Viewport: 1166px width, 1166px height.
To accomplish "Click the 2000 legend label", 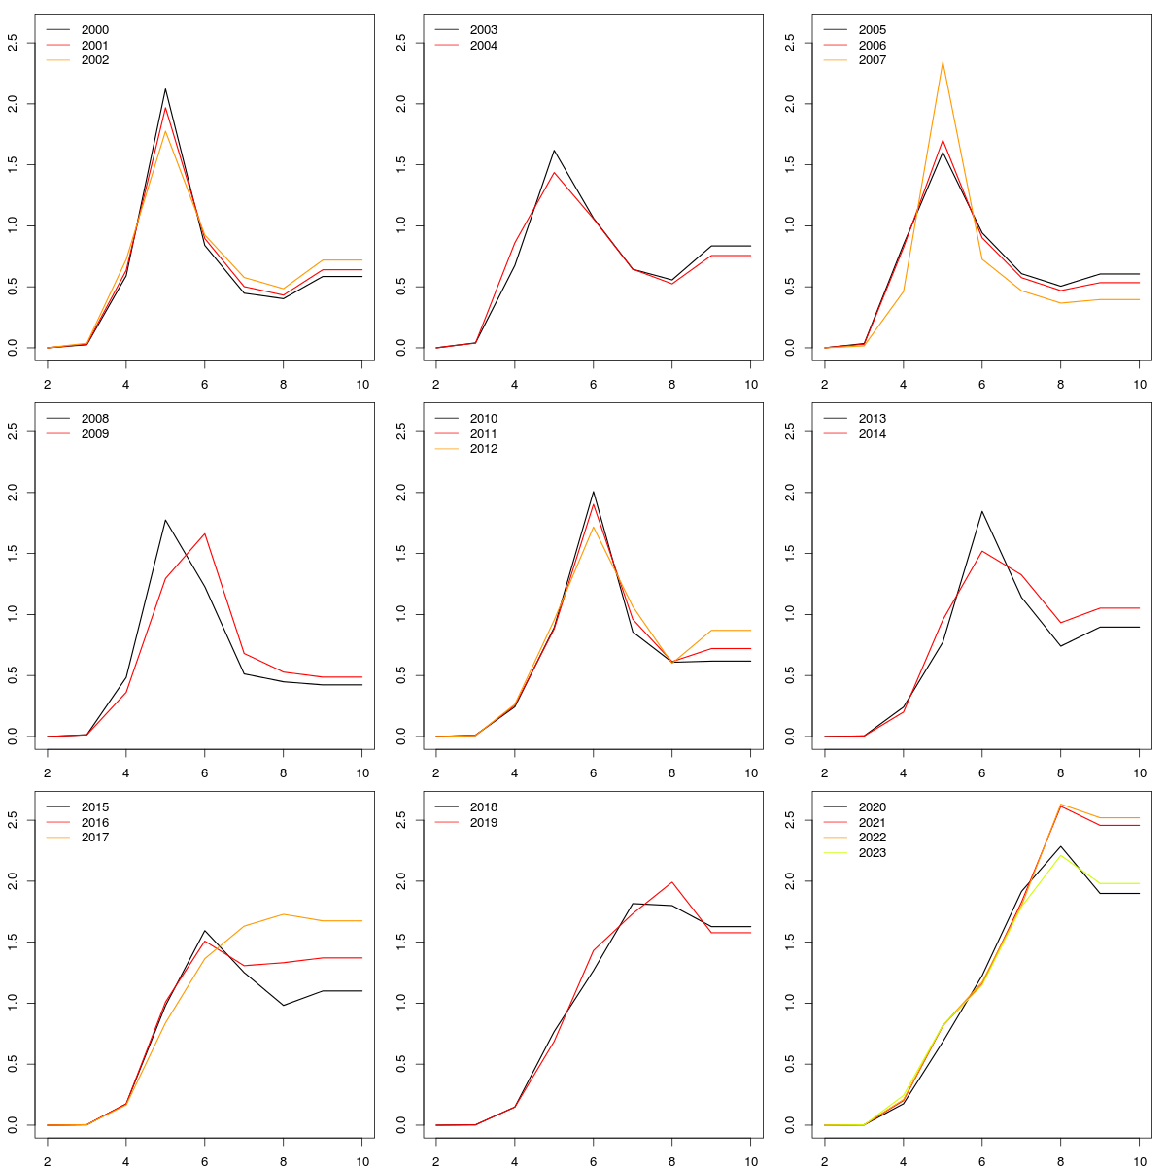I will pos(94,30).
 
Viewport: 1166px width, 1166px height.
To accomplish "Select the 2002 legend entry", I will pos(94,60).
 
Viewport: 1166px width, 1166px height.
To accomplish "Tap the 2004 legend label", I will pos(483,46).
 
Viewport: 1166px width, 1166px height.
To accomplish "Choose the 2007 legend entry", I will pos(872,60).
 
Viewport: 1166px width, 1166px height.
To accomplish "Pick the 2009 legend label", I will pos(94,434).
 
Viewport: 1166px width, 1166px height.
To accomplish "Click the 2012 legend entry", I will pos(483,449).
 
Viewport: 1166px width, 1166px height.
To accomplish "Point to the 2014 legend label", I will pos(872,434).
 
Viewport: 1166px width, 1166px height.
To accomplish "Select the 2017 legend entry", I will pos(94,838).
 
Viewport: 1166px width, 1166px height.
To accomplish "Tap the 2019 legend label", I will pos(483,823).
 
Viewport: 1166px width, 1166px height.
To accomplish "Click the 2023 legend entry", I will pos(872,853).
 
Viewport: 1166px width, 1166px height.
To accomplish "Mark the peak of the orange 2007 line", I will pos(943,61).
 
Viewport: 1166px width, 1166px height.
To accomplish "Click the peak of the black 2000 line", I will pos(165,89).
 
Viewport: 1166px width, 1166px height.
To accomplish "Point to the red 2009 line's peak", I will pos(205,533).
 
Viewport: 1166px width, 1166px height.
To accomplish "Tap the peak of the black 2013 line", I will pos(982,511).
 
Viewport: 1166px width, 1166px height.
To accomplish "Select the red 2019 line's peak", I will pos(672,882).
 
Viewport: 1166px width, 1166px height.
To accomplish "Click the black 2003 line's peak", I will pos(554,151).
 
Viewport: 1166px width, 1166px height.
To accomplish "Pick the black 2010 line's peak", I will pos(594,492).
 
